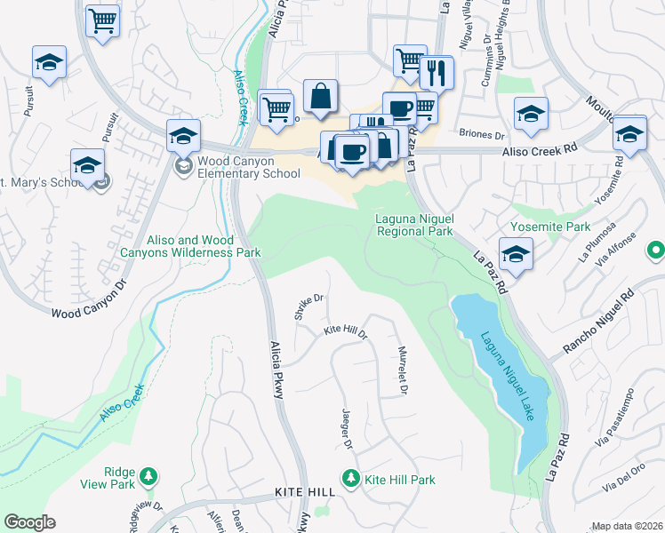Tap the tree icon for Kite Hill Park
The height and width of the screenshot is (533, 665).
pos(351,479)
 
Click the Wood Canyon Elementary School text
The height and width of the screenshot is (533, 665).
pos(249,167)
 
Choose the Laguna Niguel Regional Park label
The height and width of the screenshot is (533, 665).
pos(413,224)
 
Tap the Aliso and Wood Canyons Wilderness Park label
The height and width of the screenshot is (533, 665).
pos(190,246)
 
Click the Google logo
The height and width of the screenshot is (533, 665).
pos(29,522)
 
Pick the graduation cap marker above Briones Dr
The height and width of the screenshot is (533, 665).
pos(531,114)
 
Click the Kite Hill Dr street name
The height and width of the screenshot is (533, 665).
pos(345,331)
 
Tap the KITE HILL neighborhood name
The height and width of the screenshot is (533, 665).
pos(304,492)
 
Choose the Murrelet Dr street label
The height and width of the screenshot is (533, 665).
pos(403,370)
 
